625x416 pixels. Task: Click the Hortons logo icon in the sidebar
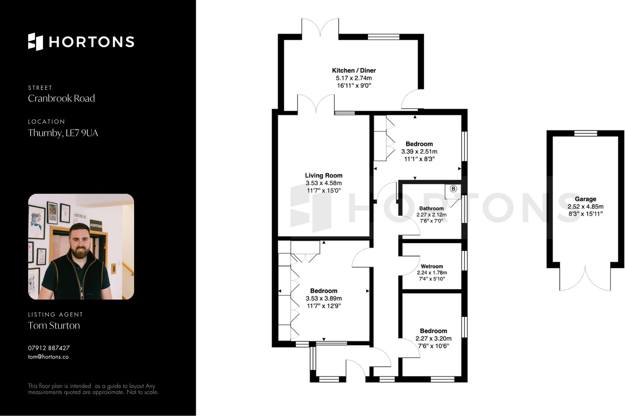(x=35, y=42)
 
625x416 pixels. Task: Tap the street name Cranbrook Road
(x=61, y=98)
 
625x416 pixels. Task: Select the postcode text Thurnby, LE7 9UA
(x=63, y=133)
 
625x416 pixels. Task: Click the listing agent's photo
(x=81, y=247)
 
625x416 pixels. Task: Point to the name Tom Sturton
(x=54, y=325)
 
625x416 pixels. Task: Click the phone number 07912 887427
(x=49, y=348)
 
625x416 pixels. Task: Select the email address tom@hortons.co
(x=48, y=357)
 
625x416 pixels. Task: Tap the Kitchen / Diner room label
(x=354, y=71)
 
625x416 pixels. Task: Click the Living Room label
(x=324, y=176)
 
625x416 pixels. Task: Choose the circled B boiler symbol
(x=453, y=188)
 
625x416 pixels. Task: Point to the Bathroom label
(x=431, y=208)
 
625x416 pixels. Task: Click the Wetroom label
(x=432, y=267)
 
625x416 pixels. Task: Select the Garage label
(x=585, y=199)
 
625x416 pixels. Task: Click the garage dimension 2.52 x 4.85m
(x=585, y=207)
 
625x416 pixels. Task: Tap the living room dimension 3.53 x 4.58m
(x=324, y=183)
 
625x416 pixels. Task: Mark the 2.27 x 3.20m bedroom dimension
(x=433, y=339)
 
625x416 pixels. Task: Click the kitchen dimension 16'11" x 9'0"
(x=354, y=86)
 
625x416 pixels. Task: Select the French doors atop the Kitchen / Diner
(x=320, y=28)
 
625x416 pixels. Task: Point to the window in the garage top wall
(x=585, y=133)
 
